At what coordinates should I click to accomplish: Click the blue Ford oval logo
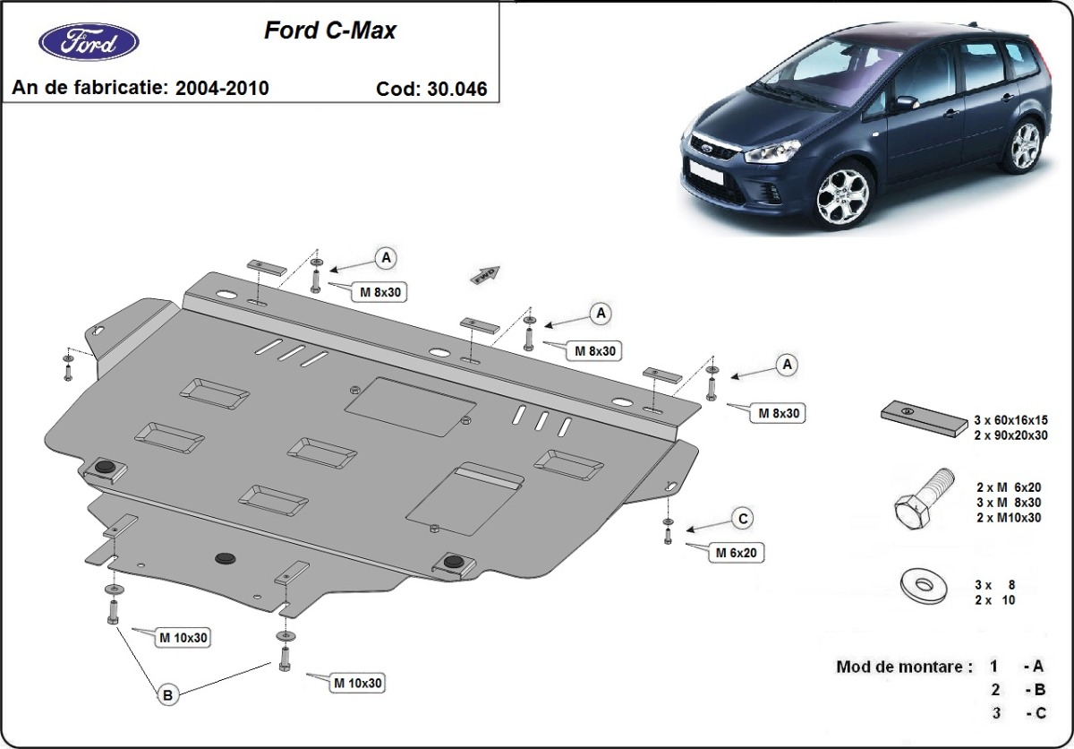click(x=89, y=41)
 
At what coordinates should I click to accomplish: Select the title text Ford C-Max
click(x=329, y=30)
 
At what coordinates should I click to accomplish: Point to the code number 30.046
click(x=456, y=89)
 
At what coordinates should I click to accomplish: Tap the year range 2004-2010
click(x=222, y=88)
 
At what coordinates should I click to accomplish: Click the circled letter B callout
click(x=166, y=693)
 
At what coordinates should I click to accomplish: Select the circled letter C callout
click(x=742, y=518)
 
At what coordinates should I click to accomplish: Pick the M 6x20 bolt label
click(x=736, y=553)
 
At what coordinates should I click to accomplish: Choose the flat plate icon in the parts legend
click(x=922, y=418)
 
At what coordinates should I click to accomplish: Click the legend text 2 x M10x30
click(x=1009, y=518)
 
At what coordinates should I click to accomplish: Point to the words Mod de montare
click(x=903, y=667)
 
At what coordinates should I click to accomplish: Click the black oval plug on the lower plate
click(x=224, y=558)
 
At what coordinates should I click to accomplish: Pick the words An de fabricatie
click(x=89, y=88)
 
